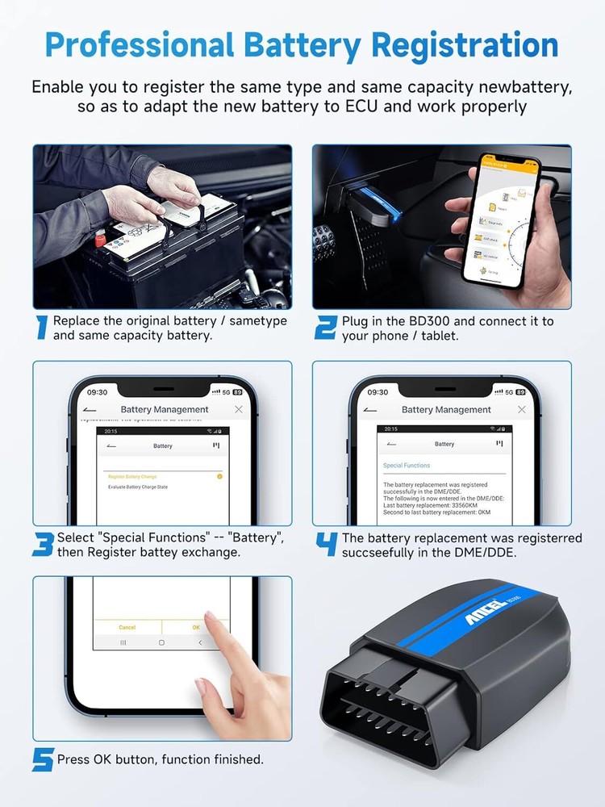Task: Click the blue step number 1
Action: (x=43, y=327)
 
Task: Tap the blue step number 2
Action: (x=325, y=327)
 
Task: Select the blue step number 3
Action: (x=43, y=545)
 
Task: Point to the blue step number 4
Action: (x=326, y=545)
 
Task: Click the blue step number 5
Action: (x=43, y=760)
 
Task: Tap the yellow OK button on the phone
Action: (x=196, y=627)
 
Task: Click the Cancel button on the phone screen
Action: (x=127, y=627)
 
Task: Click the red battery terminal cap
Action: (x=100, y=238)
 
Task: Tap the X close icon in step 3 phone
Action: (x=239, y=410)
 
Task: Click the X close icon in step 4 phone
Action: (x=521, y=410)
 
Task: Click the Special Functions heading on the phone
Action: (x=407, y=466)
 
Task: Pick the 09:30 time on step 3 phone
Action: (x=97, y=392)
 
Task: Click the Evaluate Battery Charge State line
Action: (x=138, y=487)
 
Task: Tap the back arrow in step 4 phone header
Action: (x=370, y=410)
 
